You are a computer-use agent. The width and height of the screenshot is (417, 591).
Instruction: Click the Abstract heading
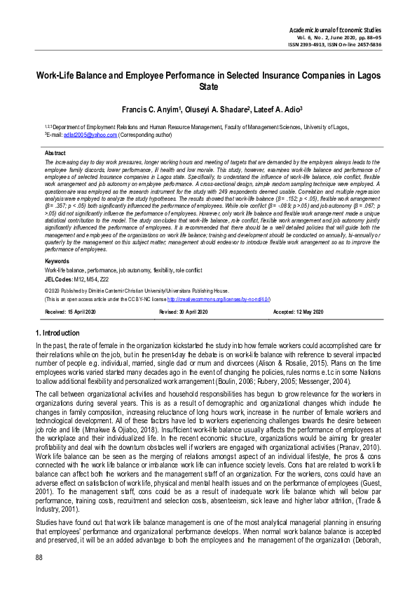(55, 152)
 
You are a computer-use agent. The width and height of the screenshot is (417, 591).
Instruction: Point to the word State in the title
(208, 87)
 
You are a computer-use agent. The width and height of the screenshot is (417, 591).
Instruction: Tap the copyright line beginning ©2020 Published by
(137, 289)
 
